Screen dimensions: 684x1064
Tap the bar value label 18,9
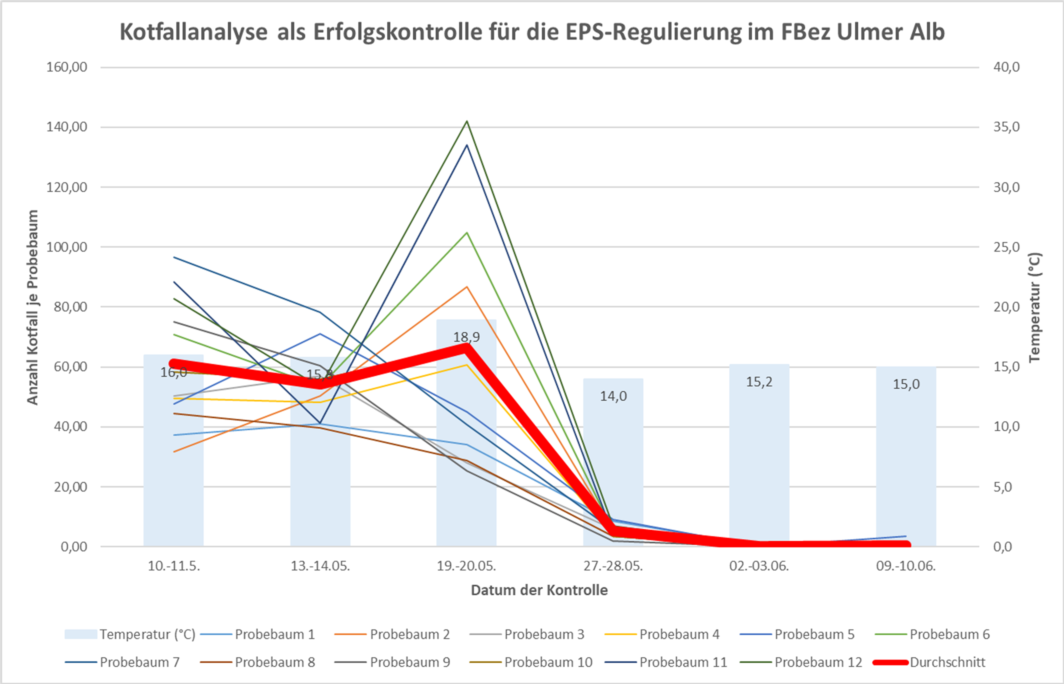coord(466,337)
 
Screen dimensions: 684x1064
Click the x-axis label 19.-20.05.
coord(466,566)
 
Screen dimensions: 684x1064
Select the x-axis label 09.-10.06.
coord(906,566)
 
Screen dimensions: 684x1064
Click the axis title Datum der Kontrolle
coord(539,590)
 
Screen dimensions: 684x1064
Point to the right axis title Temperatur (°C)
coord(1035,307)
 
